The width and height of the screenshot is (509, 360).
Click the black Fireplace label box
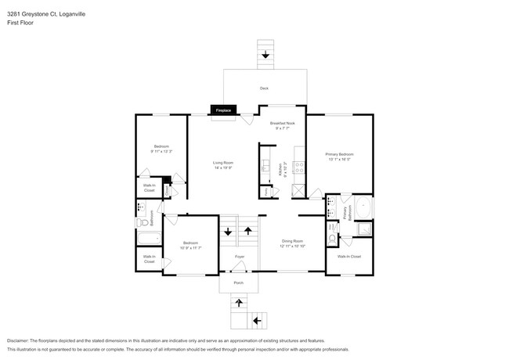222,111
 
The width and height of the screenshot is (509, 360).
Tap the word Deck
264,88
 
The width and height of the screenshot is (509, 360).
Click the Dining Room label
291,243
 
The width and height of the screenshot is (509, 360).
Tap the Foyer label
240,257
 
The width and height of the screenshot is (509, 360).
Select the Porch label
238,283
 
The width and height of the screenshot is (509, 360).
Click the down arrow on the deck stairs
265,55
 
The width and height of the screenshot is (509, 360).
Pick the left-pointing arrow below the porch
257,320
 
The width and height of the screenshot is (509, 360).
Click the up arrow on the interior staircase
249,231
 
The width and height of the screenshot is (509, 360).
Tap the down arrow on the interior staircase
228,231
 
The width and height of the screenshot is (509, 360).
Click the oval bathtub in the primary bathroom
365,209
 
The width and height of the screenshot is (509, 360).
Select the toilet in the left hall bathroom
142,223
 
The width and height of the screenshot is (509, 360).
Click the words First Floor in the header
16,23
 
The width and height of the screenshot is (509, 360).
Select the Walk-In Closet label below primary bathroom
348,257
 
